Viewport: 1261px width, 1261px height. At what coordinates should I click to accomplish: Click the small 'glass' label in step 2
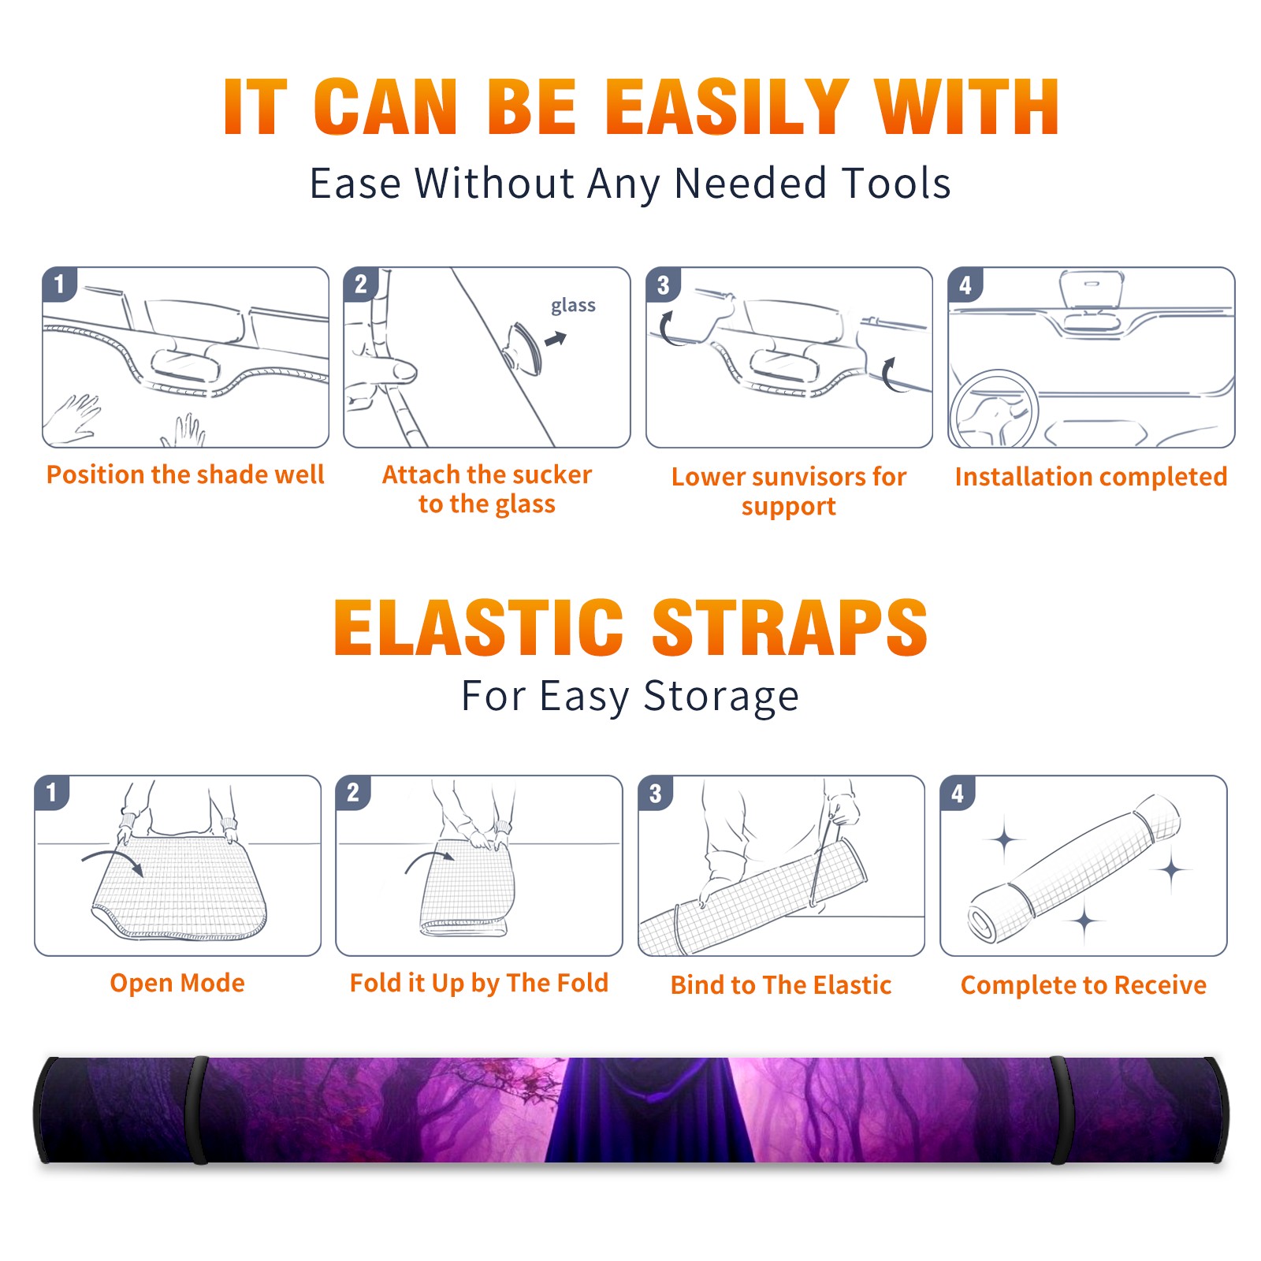pos(573,306)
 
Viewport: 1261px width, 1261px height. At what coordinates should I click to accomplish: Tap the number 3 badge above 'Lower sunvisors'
pos(663,285)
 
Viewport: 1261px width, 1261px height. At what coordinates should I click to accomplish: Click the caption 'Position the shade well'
pos(185,474)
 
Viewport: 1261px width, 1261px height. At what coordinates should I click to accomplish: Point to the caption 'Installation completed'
pos(1091,477)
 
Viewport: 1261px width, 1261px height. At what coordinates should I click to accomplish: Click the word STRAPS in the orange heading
pos(790,627)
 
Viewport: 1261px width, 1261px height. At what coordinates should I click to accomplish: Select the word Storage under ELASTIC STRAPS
pos(721,697)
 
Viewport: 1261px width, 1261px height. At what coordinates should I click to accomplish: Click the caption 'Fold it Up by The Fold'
pos(479,984)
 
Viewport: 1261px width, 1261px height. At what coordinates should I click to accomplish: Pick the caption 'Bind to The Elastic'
pos(781,985)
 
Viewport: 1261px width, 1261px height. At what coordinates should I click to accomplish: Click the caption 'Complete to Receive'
pos(1084,985)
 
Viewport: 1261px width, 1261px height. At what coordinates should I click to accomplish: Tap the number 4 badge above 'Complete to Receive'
pos(958,793)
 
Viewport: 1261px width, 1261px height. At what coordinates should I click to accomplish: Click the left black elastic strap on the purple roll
pos(199,1110)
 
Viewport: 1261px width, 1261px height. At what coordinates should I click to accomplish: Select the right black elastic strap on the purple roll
pos(1060,1110)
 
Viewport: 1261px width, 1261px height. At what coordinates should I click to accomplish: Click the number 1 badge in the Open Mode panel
pos(52,792)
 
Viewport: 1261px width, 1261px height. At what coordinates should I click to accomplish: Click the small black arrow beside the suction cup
pos(556,339)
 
